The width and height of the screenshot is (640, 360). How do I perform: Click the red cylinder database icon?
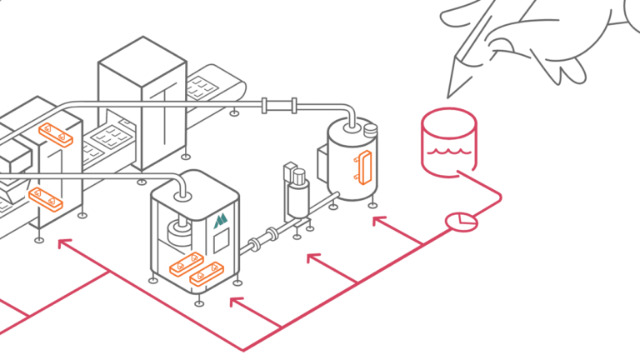pyautogui.click(x=449, y=142)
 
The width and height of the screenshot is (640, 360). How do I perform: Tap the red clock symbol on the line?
pyautogui.click(x=461, y=221)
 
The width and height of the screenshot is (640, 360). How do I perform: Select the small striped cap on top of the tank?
pyautogui.click(x=370, y=130)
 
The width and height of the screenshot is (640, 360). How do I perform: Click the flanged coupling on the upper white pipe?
pyautogui.click(x=279, y=106)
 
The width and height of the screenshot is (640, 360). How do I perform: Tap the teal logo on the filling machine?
pyautogui.click(x=219, y=221)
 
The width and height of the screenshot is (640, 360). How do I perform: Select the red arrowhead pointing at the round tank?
pyautogui.click(x=377, y=221)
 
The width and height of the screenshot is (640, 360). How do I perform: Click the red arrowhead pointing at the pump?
pyautogui.click(x=312, y=258)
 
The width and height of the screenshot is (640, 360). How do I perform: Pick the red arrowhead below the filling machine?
pyautogui.click(x=236, y=301)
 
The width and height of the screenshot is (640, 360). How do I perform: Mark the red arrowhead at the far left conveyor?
pyautogui.click(x=63, y=243)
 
